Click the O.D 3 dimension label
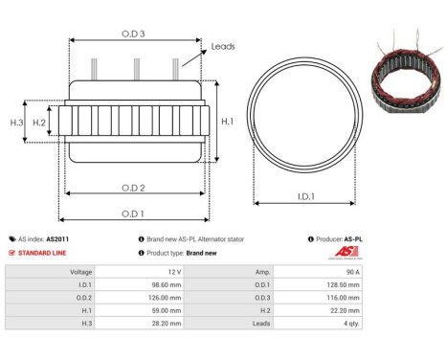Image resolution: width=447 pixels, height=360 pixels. point(133,33)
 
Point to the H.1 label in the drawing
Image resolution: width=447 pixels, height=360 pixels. point(226,122)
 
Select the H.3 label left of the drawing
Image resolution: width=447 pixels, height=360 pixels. point(16,123)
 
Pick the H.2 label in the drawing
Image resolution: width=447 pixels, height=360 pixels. point(39,123)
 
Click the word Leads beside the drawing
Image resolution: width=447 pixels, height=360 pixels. point(222,46)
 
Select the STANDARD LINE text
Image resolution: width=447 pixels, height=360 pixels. point(43,253)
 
